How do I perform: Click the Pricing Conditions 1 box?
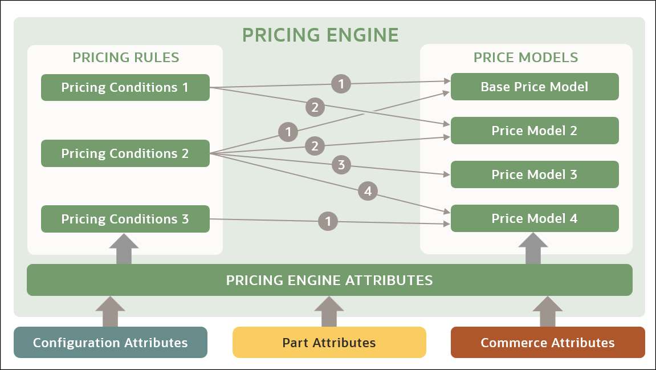125,88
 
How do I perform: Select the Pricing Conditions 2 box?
125,153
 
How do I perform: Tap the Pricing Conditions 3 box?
125,219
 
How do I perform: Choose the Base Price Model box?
535,87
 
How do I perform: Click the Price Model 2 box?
535,131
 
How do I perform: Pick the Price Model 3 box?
535,174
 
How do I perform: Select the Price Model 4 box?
535,218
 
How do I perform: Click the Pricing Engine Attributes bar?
329,280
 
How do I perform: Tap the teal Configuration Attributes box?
110,343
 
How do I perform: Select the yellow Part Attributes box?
329,343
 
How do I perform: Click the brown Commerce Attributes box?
548,343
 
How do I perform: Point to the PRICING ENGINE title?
320,35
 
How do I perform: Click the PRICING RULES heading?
125,58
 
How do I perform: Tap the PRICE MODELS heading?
525,58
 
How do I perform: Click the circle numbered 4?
368,192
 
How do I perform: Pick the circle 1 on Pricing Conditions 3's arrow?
328,221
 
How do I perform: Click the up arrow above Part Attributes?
329,311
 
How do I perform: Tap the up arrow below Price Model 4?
533,249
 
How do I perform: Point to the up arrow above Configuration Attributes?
110,311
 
